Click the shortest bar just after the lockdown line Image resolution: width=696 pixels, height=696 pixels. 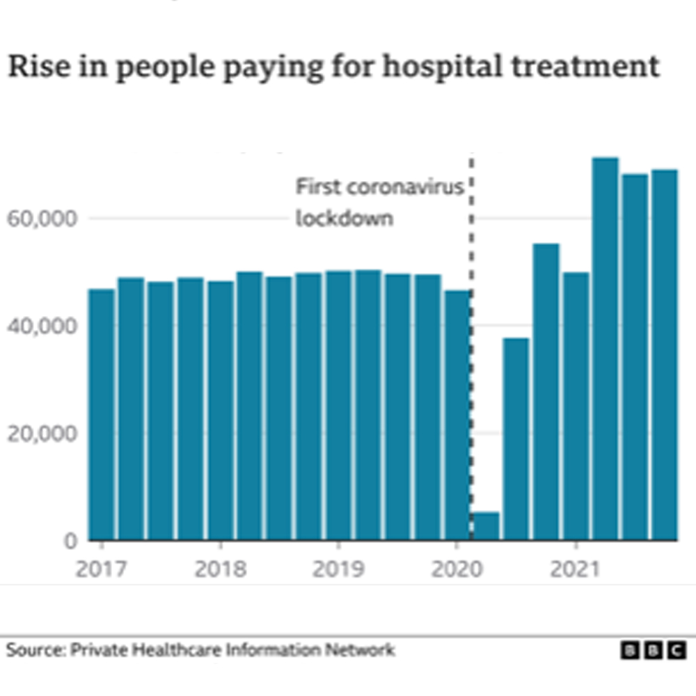pyautogui.click(x=487, y=526)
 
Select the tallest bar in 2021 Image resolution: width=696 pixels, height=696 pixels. pyautogui.click(x=605, y=348)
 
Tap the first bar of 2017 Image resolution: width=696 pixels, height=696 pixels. pyautogui.click(x=102, y=414)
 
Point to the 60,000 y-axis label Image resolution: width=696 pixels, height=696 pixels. pyautogui.click(x=41, y=219)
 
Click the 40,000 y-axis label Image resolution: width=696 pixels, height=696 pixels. pyautogui.click(x=41, y=326)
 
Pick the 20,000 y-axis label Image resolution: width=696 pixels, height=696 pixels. pyautogui.click(x=41, y=433)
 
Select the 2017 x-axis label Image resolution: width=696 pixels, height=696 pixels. pyautogui.click(x=101, y=569)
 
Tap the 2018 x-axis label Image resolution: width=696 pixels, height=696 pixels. pyautogui.click(x=220, y=569)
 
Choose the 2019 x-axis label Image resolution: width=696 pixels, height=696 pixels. pyautogui.click(x=338, y=569)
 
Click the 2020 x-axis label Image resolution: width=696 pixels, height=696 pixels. pyautogui.click(x=457, y=569)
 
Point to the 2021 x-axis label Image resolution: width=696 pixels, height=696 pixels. pyautogui.click(x=575, y=569)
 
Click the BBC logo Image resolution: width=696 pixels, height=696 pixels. pyautogui.click(x=653, y=650)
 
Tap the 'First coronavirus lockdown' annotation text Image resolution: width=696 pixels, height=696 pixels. pyautogui.click(x=379, y=203)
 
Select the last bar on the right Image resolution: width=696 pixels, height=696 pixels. pyautogui.click(x=664, y=355)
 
